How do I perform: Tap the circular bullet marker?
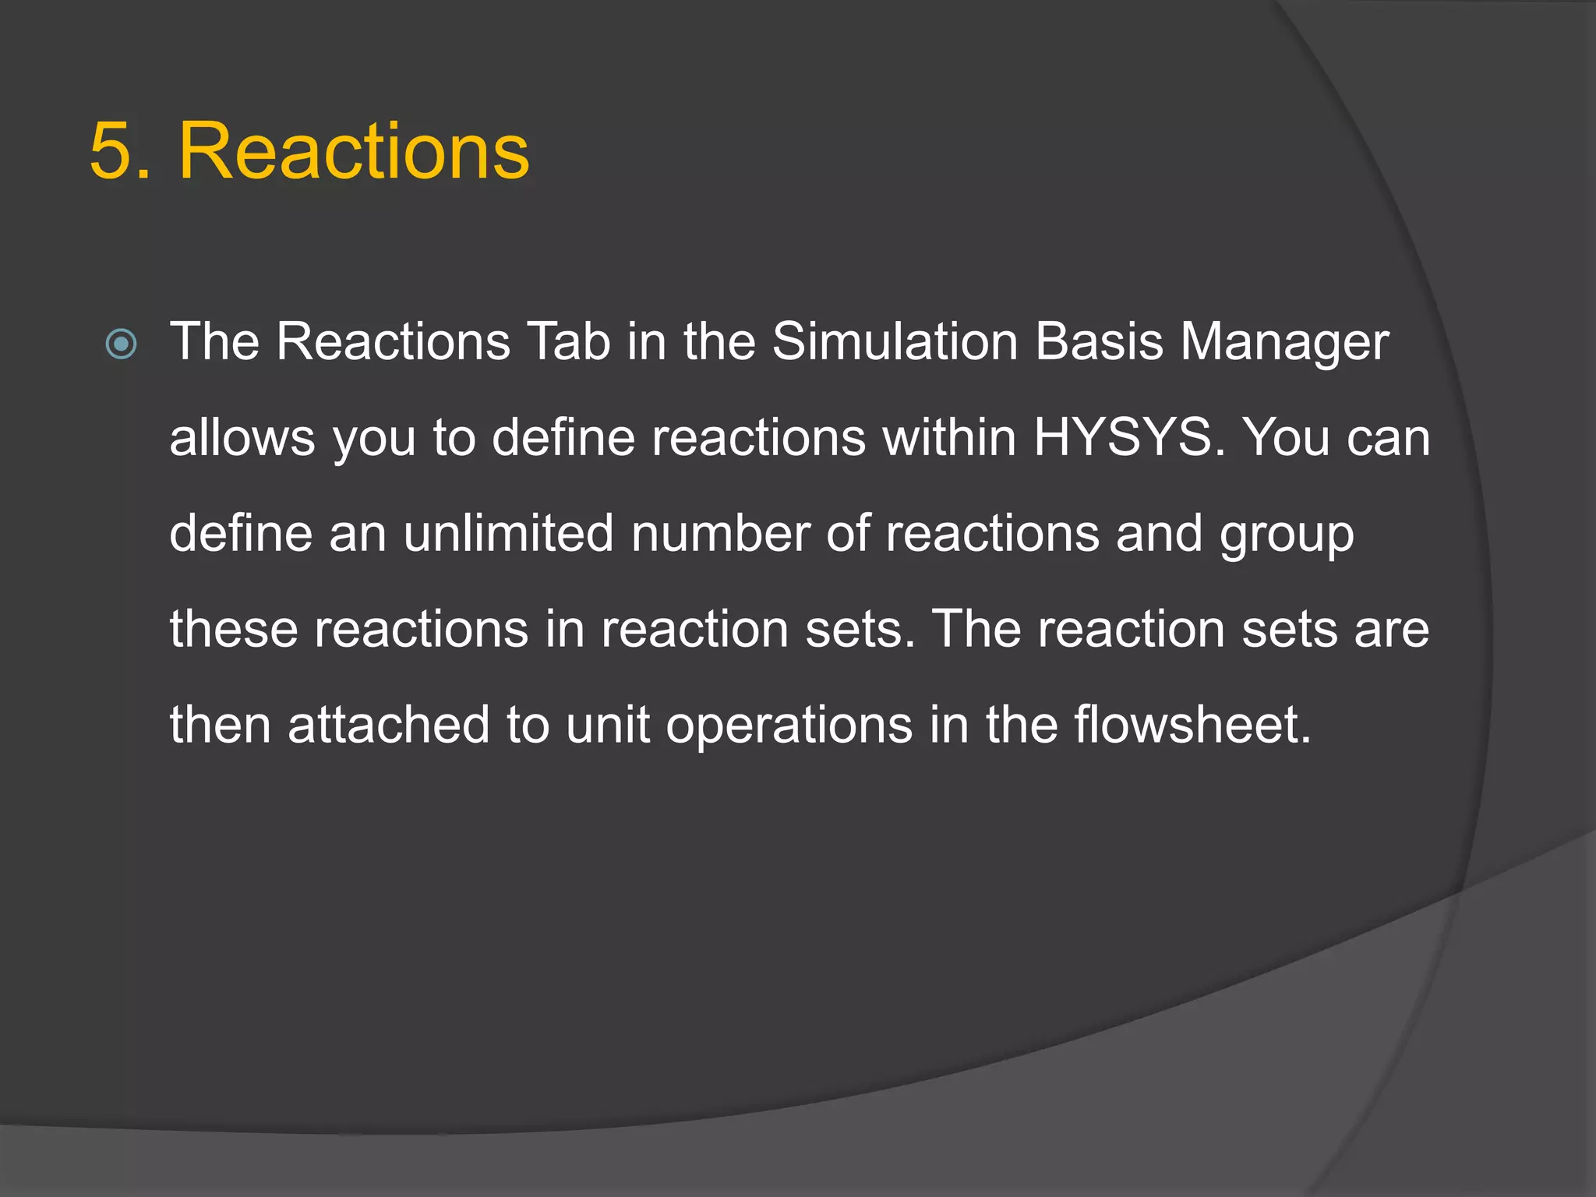(121, 344)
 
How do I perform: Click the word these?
(234, 629)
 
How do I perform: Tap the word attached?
(388, 725)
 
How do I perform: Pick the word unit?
(608, 725)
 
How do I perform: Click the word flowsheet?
(1192, 725)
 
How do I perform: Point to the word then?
(221, 725)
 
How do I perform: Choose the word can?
(1389, 440)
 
